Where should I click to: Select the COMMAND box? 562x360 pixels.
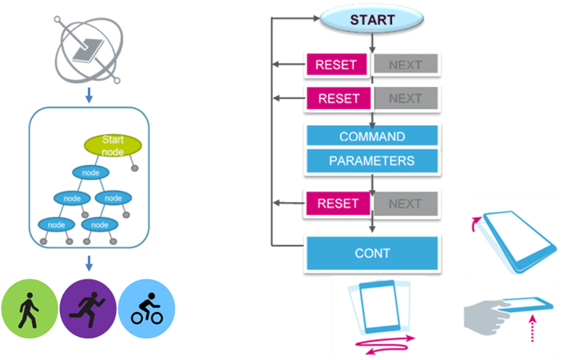pyautogui.click(x=372, y=136)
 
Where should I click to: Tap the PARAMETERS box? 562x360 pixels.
pyautogui.click(x=372, y=160)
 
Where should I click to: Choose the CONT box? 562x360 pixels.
pyautogui.click(x=372, y=253)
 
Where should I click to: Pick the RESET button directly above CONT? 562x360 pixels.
pyautogui.click(x=338, y=204)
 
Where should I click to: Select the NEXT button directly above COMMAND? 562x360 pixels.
pyautogui.click(x=405, y=99)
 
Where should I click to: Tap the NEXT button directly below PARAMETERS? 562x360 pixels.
pyautogui.click(x=405, y=204)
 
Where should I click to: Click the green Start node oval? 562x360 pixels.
pyautogui.click(x=113, y=145)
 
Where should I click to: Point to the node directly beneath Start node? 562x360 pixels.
pyautogui.click(x=90, y=172)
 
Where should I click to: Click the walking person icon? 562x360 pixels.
pyautogui.click(x=30, y=307)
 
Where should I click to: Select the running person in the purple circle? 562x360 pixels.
pyautogui.click(x=88, y=307)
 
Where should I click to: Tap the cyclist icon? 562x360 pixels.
pyautogui.click(x=146, y=307)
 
